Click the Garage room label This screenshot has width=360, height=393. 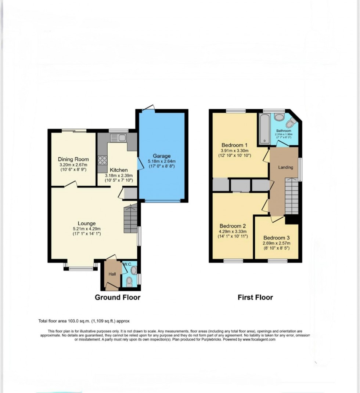162,156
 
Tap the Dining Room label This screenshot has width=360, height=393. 73,159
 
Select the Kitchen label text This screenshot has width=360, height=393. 119,170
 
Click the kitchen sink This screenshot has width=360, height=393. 118,138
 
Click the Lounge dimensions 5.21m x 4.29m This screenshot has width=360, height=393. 87,229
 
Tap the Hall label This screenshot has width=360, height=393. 112,274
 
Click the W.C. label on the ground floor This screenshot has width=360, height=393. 127,264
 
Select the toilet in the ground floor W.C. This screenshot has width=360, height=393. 129,281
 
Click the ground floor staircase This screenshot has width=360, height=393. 130,219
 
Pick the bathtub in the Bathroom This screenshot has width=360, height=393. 264,128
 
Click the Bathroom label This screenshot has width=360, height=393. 284,131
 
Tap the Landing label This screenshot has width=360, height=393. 285,167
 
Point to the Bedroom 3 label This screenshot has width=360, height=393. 276,237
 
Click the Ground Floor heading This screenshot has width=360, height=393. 118,297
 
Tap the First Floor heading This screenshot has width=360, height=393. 255,297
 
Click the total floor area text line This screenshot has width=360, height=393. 84,321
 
